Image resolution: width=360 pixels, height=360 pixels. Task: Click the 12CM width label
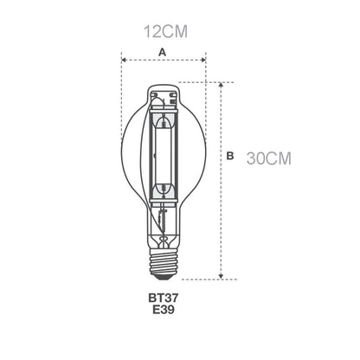pyautogui.click(x=165, y=31)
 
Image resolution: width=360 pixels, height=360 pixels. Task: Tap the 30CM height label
pyautogui.click(x=269, y=158)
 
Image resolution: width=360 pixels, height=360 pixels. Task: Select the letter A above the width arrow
pyautogui.click(x=163, y=53)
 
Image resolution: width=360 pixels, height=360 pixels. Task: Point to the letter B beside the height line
pyautogui.click(x=230, y=156)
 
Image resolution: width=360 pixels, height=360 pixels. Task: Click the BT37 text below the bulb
pyautogui.click(x=164, y=298)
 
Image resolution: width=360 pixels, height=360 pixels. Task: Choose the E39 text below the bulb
pyautogui.click(x=164, y=310)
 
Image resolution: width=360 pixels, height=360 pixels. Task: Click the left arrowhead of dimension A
pyautogui.click(x=124, y=60)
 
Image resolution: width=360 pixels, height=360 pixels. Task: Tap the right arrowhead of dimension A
pyautogui.click(x=203, y=60)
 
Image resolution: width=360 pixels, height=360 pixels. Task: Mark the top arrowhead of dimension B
pyautogui.click(x=221, y=85)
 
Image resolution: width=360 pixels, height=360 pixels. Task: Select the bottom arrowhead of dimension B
pyautogui.click(x=221, y=276)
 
